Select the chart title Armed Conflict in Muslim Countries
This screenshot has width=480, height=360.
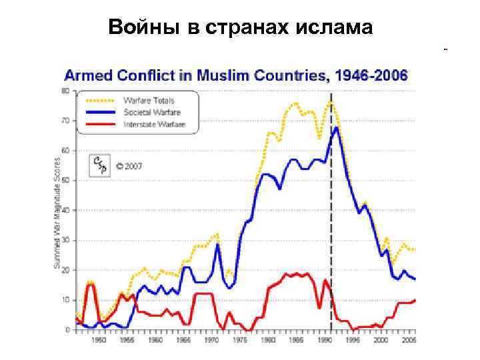click(194, 75)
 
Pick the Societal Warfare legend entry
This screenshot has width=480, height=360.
click(152, 112)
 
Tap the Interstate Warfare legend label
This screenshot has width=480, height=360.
click(154, 124)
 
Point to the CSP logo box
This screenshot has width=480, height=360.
click(101, 165)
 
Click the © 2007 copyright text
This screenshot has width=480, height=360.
click(129, 166)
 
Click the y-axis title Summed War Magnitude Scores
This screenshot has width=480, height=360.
click(57, 213)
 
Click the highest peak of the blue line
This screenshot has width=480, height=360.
click(337, 127)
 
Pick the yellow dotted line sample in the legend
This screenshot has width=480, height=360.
click(98, 101)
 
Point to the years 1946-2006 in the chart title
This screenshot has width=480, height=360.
click(371, 75)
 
